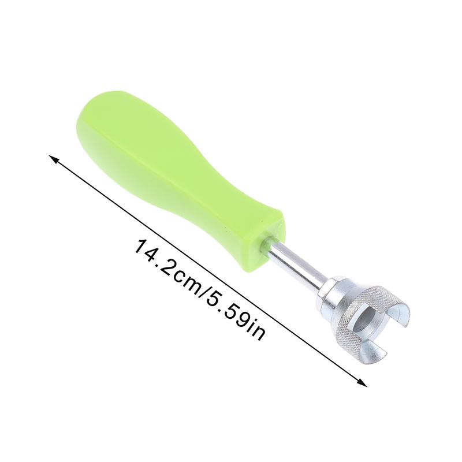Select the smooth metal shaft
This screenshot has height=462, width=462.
tap(297, 262)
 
